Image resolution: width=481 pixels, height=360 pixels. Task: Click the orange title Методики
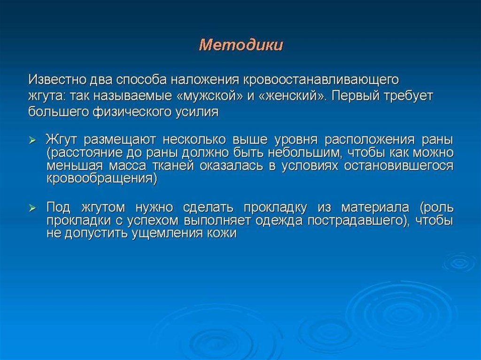click(241, 45)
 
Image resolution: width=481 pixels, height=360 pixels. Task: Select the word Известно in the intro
click(57, 80)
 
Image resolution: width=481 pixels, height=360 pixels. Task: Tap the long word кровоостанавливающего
click(321, 80)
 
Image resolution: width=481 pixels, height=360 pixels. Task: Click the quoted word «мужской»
click(209, 96)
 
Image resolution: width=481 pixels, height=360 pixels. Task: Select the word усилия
click(197, 112)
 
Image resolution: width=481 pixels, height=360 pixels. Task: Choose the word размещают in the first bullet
click(120, 140)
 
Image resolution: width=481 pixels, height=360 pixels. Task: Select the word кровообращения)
click(102, 178)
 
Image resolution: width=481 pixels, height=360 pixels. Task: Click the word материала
click(375, 208)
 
